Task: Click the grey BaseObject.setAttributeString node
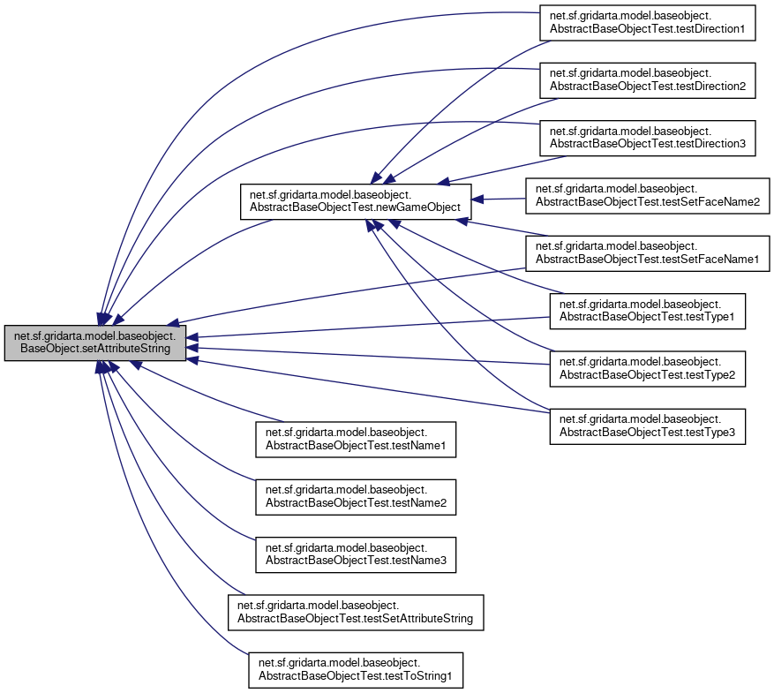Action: (x=95, y=343)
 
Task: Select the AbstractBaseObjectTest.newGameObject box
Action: (x=356, y=200)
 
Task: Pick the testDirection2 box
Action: (x=648, y=80)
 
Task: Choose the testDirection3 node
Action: (x=648, y=137)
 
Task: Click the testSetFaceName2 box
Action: (x=648, y=194)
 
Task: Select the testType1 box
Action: (x=648, y=312)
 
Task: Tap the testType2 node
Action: (x=648, y=369)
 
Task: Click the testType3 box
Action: (x=648, y=426)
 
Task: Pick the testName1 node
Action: (x=356, y=440)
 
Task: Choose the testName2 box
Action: (x=356, y=496)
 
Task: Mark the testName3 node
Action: (x=356, y=554)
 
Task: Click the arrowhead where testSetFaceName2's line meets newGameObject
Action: (x=480, y=200)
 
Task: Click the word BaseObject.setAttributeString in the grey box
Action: (x=95, y=350)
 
